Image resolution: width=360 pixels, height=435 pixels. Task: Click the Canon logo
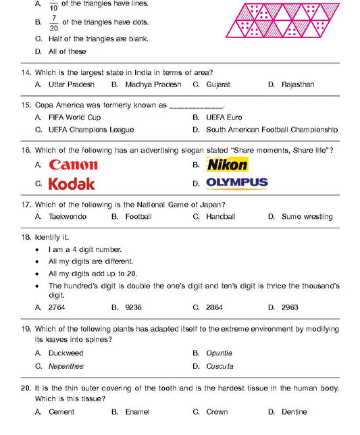click(73, 165)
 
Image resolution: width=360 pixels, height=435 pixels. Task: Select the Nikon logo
click(227, 164)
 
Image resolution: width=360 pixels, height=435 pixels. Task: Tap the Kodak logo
click(72, 184)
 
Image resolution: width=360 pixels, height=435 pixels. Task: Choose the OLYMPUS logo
click(236, 182)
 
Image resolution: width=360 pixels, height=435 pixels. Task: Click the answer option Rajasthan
click(298, 84)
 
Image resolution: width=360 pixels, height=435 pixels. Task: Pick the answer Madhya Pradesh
click(153, 84)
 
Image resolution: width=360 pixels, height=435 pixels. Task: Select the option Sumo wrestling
click(307, 217)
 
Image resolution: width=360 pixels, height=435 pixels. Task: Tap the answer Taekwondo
click(67, 217)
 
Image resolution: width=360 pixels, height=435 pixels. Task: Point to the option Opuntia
click(219, 353)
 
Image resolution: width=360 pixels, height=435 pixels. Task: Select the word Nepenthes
click(66, 366)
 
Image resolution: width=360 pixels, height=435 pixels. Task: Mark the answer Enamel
click(137, 411)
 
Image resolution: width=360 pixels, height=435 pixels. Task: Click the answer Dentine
click(294, 411)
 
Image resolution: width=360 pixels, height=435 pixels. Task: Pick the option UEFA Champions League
click(91, 130)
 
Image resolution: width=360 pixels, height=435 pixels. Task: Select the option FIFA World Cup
click(74, 118)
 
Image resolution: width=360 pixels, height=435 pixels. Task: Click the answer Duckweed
click(66, 353)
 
